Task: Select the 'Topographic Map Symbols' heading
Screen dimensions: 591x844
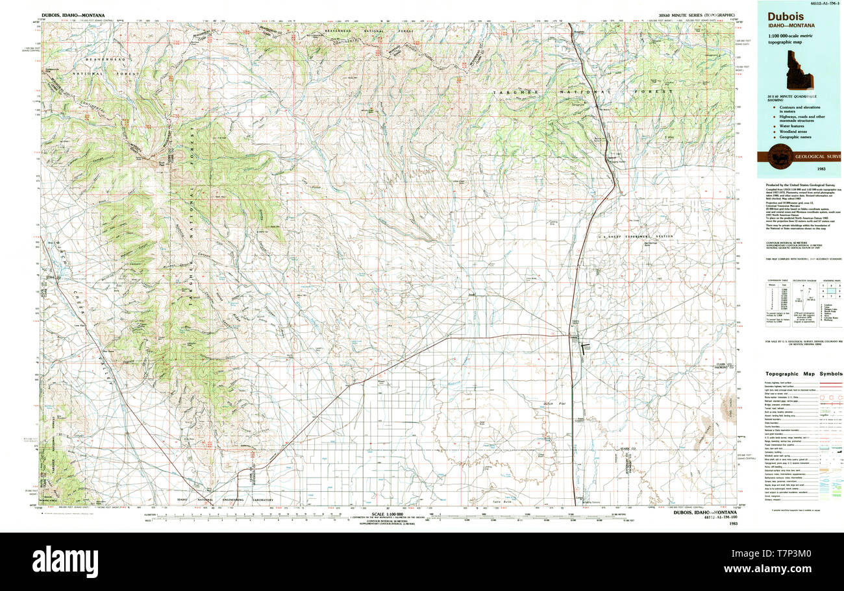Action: point(803,374)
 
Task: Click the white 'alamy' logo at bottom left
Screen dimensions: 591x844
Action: point(65,559)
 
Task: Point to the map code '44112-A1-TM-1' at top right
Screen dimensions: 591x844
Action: point(820,4)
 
